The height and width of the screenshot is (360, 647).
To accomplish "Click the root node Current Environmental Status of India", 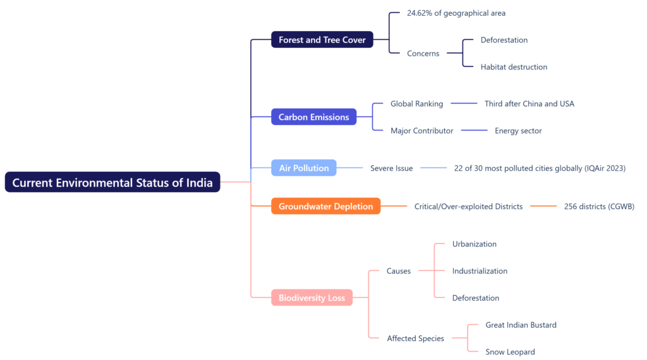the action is click(x=112, y=182).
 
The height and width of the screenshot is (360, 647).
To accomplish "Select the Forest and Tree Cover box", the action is click(x=322, y=40).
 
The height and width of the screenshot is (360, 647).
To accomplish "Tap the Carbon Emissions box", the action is click(x=313, y=117).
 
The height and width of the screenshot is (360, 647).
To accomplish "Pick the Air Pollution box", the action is click(x=304, y=168).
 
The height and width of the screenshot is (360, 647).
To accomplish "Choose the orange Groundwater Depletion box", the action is click(x=325, y=206).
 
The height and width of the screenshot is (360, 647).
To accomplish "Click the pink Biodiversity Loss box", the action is click(x=311, y=297).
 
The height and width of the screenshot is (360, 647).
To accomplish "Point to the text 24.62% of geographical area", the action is click(x=456, y=13).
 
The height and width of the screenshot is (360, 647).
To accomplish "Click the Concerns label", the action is click(x=423, y=53).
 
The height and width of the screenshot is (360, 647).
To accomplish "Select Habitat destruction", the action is click(x=514, y=67).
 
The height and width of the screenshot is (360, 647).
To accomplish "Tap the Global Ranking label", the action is click(x=417, y=104).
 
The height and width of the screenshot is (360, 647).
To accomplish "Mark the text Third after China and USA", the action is click(x=529, y=104).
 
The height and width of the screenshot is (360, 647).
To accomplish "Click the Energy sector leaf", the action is click(x=518, y=131).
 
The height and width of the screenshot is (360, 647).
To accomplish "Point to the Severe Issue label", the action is click(x=391, y=168).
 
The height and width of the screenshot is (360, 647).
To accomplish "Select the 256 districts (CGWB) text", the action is click(x=599, y=206).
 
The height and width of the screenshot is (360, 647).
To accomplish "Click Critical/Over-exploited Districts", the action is click(x=468, y=206).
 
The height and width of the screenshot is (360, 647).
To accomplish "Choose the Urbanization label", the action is click(x=474, y=244).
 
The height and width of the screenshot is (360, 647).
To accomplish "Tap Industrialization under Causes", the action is click(x=480, y=271).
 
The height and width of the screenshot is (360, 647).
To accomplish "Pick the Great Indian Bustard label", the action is click(x=521, y=325).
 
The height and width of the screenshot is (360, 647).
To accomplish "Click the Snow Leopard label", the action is click(x=510, y=352).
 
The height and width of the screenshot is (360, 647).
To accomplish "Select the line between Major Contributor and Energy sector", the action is click(x=474, y=130).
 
